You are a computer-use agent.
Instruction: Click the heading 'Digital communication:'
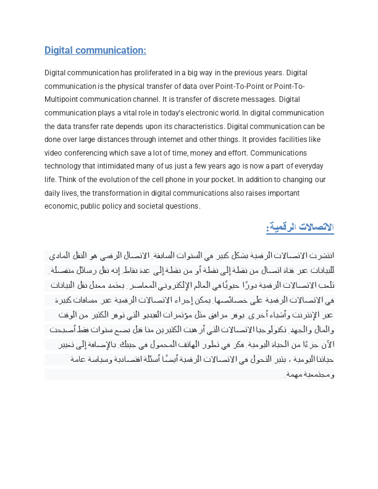click(95, 51)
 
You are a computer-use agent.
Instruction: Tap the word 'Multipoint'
click(62, 99)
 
